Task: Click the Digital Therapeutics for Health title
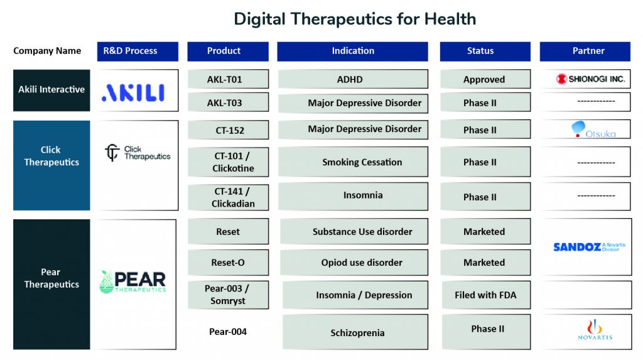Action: click(x=355, y=19)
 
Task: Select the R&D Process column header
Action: click(x=138, y=52)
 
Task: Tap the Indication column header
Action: click(x=353, y=52)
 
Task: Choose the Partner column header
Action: click(x=585, y=52)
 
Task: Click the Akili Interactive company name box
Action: click(x=51, y=90)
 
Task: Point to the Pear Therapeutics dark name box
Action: click(x=51, y=285)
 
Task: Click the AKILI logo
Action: click(x=133, y=93)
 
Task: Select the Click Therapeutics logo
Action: click(x=138, y=153)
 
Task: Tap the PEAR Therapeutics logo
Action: click(x=132, y=281)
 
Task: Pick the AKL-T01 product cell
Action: click(x=229, y=79)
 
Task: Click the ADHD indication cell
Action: click(x=353, y=79)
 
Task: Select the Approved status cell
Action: click(x=485, y=79)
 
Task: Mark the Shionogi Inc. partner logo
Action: click(x=590, y=79)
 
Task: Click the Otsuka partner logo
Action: click(x=593, y=129)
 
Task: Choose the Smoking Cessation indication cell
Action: click(x=353, y=161)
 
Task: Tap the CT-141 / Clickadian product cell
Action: click(x=229, y=197)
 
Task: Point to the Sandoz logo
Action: click(x=589, y=247)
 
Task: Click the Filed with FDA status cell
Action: click(x=486, y=295)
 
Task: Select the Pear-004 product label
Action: click(x=228, y=332)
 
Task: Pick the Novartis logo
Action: click(x=595, y=330)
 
